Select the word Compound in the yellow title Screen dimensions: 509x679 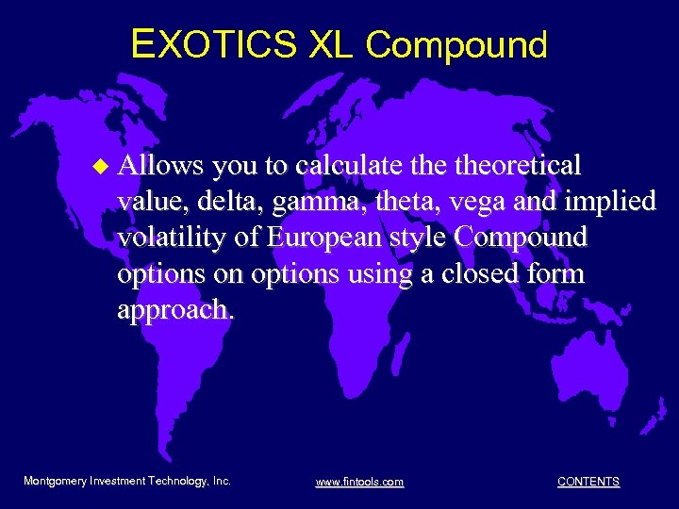[457, 43]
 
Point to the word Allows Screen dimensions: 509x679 [160, 166]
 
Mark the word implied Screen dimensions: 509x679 [613, 203]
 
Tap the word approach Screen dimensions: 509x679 [173, 310]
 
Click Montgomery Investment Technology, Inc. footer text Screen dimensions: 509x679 [127, 481]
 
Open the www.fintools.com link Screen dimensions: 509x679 [359, 482]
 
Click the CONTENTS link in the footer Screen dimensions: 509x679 [588, 482]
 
